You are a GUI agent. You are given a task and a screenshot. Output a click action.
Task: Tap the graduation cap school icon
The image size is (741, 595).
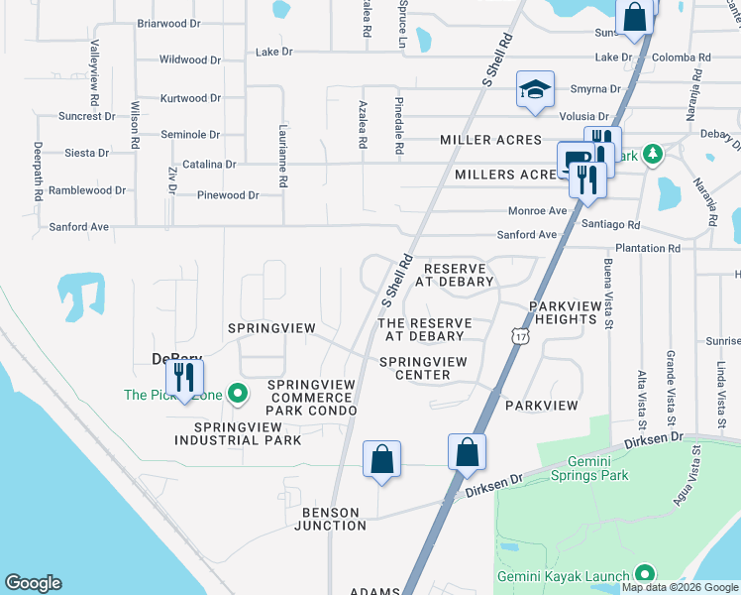(x=534, y=92)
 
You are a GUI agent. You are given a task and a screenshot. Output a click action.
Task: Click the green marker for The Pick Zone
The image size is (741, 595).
(x=237, y=395)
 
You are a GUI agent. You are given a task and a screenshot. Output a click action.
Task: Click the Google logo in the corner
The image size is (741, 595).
(x=33, y=583)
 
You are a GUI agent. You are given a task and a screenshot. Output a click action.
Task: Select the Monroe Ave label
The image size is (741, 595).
(x=537, y=211)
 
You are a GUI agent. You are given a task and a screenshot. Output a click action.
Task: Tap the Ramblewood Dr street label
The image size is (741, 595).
(x=87, y=189)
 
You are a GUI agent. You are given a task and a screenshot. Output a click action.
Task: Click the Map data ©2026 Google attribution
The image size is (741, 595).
(x=680, y=587)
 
